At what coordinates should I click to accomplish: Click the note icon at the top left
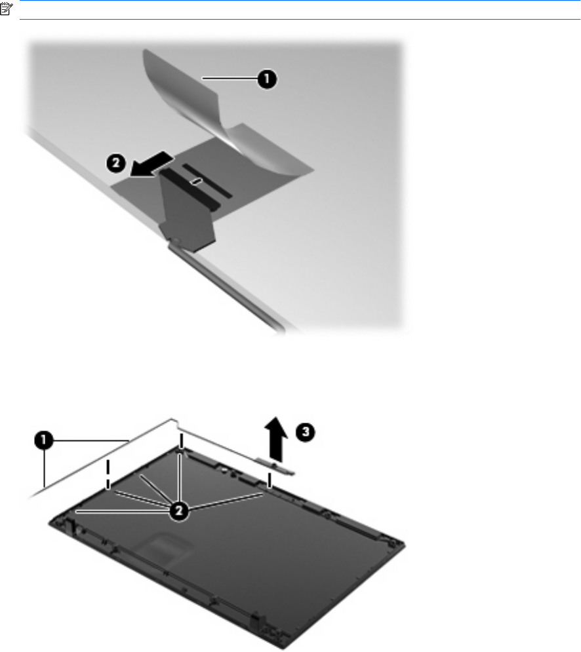pyautogui.click(x=7, y=9)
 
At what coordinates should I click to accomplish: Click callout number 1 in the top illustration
pyautogui.click(x=267, y=79)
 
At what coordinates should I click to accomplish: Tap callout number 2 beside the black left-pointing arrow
pyautogui.click(x=116, y=163)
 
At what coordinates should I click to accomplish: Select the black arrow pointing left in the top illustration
pyautogui.click(x=151, y=164)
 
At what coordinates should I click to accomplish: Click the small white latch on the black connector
pyautogui.click(x=196, y=181)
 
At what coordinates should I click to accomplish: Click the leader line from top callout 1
pyautogui.click(x=230, y=78)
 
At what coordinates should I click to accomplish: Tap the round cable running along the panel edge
pyautogui.click(x=227, y=287)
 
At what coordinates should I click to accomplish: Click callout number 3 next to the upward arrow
pyautogui.click(x=306, y=432)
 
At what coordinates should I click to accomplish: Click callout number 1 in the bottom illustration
pyautogui.click(x=44, y=440)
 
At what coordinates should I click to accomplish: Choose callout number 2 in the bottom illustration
pyautogui.click(x=179, y=510)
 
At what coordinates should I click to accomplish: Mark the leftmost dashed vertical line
pyautogui.click(x=108, y=474)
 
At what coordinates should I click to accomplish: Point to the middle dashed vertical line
pyautogui.click(x=180, y=442)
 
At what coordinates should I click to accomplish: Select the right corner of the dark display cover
pyautogui.click(x=404, y=543)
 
